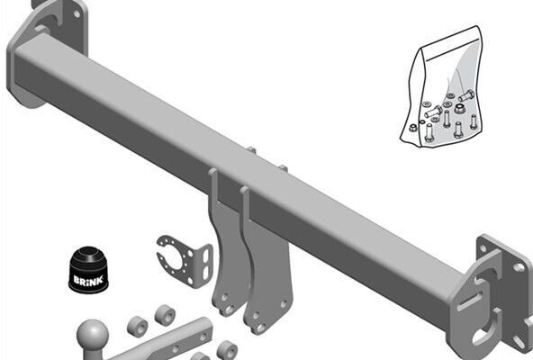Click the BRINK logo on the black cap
pyautogui.click(x=88, y=281)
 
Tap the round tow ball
pyautogui.click(x=93, y=334)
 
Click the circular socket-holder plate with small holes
pyautogui.click(x=185, y=261)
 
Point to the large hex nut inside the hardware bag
pyautogui.click(x=460, y=108)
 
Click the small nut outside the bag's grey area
pyautogui.click(x=412, y=128)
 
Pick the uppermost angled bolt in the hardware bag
pyautogui.click(x=466, y=95)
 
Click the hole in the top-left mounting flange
pyautogui.click(x=77, y=13)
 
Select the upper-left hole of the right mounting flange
pyautogui.click(x=483, y=247)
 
